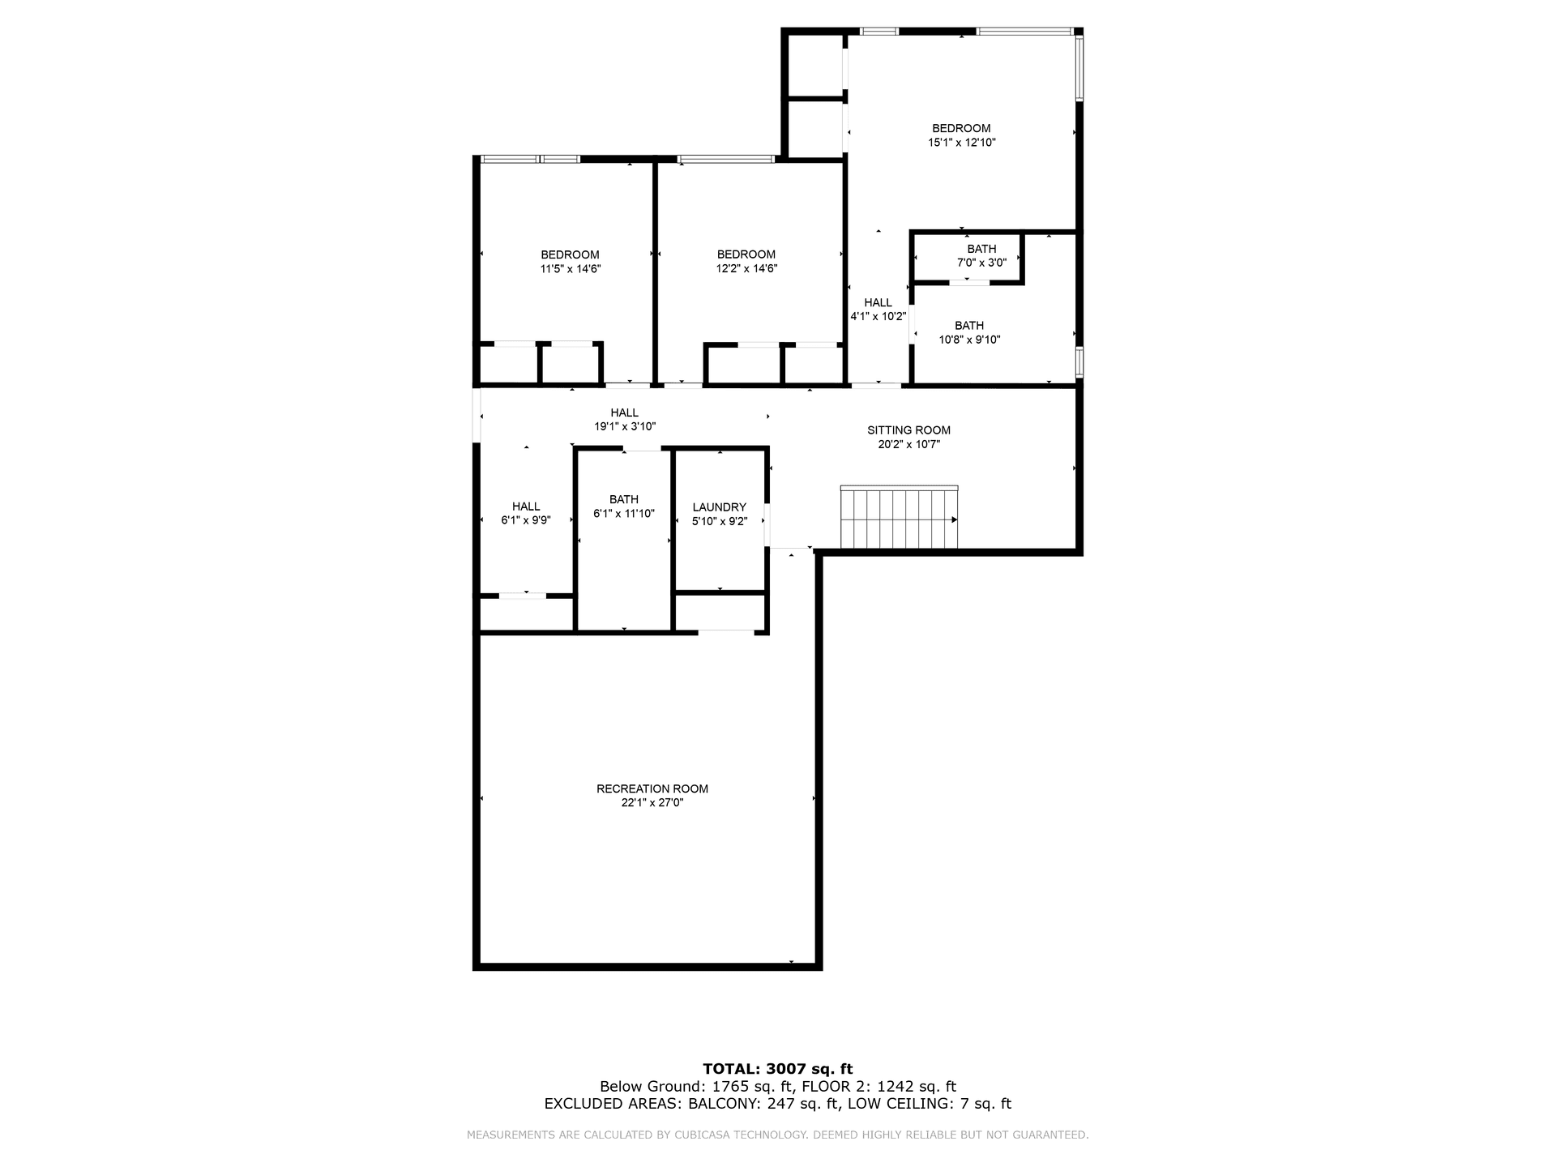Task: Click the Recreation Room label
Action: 652,789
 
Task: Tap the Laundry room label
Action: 720,507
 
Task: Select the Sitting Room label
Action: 908,430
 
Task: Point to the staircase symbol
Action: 900,517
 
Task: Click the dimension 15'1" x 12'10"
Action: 962,143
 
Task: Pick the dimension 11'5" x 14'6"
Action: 571,269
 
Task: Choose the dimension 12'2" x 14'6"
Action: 746,269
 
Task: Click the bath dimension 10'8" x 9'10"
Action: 969,340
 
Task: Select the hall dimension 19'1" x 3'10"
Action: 625,426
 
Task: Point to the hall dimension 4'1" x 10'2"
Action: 878,317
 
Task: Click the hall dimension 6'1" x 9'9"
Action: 526,521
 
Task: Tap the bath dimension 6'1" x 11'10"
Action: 624,514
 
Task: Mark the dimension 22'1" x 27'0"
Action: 652,803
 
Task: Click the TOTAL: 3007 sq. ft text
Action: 778,1069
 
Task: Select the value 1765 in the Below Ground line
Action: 727,1087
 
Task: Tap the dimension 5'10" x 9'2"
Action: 720,522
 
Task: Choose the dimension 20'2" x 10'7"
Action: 908,445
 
